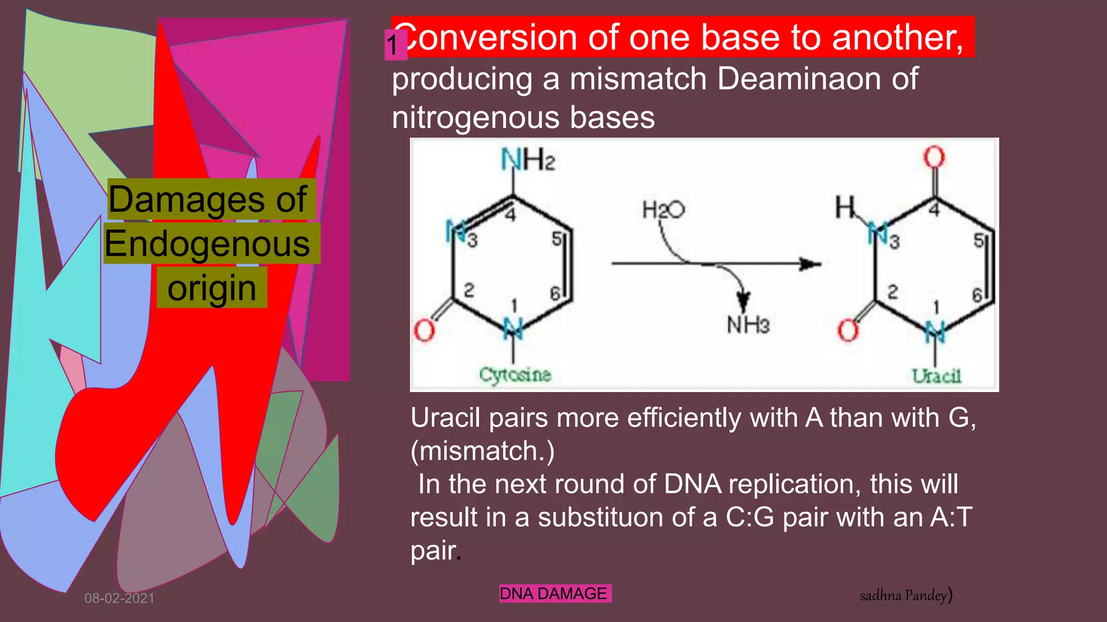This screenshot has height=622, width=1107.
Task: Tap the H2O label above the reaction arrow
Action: pyautogui.click(x=663, y=209)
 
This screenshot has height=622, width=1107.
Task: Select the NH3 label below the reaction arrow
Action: pyautogui.click(x=748, y=324)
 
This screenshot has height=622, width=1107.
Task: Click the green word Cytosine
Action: pyautogui.click(x=515, y=375)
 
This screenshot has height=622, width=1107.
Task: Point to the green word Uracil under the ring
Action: pyautogui.click(x=936, y=376)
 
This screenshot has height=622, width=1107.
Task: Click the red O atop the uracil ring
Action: pyautogui.click(x=933, y=157)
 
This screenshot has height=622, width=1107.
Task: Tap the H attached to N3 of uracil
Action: pyautogui.click(x=845, y=207)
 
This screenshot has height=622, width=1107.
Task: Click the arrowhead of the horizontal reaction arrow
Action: pyautogui.click(x=810, y=264)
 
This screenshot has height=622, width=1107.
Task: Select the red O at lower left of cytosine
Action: pyautogui.click(x=424, y=330)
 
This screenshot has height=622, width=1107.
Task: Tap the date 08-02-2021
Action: pyautogui.click(x=119, y=598)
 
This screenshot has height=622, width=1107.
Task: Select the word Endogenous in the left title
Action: pyautogui.click(x=208, y=244)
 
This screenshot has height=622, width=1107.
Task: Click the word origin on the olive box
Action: pyautogui.click(x=211, y=288)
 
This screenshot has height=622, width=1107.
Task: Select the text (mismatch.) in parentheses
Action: pyautogui.click(x=483, y=451)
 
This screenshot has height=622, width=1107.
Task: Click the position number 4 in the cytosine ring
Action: pyautogui.click(x=510, y=214)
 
